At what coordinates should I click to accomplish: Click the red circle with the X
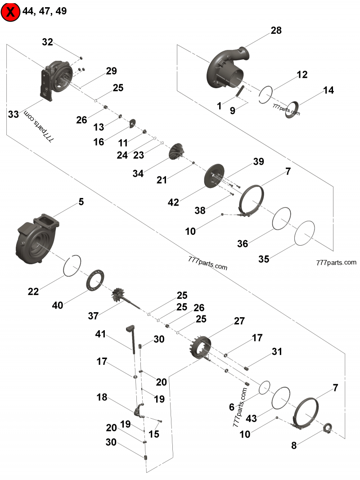(10, 12)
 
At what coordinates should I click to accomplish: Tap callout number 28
(276, 31)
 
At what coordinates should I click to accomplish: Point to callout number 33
(14, 114)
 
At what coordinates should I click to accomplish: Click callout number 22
(33, 291)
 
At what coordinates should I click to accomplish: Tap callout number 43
(251, 418)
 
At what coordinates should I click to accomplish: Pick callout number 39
(258, 161)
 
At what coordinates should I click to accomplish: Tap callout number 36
(243, 243)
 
